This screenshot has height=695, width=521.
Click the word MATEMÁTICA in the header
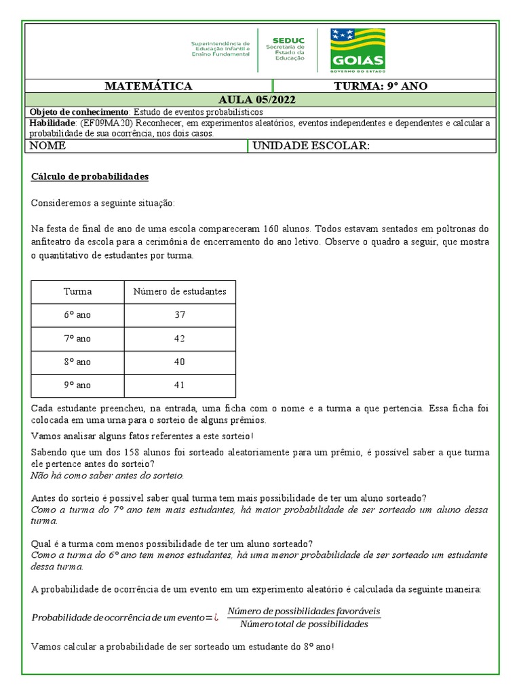149,86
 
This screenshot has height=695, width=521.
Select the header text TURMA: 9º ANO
381,86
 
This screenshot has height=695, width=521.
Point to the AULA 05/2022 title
257,100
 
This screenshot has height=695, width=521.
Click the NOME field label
47,146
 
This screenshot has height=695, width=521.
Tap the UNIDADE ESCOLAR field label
311,146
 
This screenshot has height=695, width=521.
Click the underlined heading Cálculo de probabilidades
90,176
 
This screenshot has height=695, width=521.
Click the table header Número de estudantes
180,292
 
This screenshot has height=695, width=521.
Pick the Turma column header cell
77,292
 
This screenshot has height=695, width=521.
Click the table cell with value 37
180,315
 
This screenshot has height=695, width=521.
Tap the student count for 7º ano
180,338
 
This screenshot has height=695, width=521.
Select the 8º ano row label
77,362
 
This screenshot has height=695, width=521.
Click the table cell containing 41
180,385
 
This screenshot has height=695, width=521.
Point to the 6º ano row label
77,315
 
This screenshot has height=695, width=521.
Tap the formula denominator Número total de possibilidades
304,624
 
